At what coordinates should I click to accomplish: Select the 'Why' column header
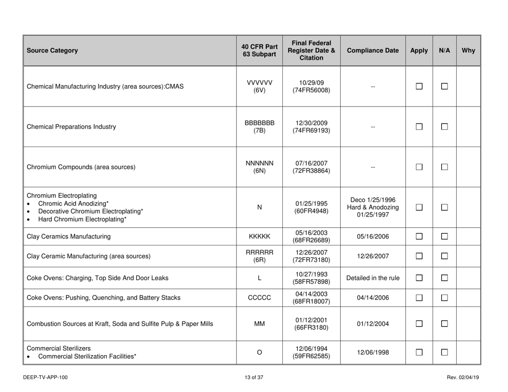(468, 51)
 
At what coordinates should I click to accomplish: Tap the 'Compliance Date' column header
(373, 51)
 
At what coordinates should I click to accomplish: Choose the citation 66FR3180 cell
(311, 337)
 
